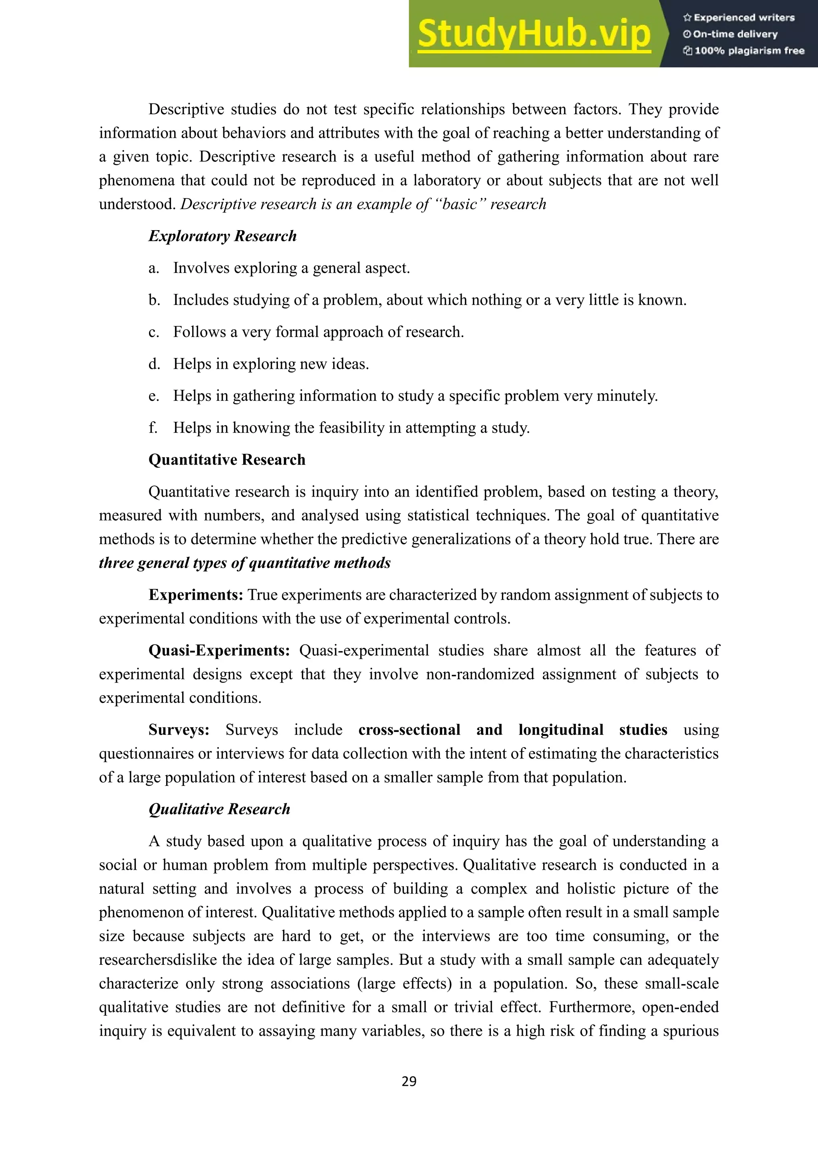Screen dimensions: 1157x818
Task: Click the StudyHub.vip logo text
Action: tap(534, 34)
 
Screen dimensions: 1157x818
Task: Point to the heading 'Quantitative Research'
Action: tap(226, 459)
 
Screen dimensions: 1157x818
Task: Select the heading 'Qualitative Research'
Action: tap(219, 809)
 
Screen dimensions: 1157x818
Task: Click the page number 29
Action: tap(409, 1081)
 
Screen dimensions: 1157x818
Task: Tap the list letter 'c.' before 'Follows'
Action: tap(154, 332)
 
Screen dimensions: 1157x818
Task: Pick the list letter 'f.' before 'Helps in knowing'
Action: tap(153, 428)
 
